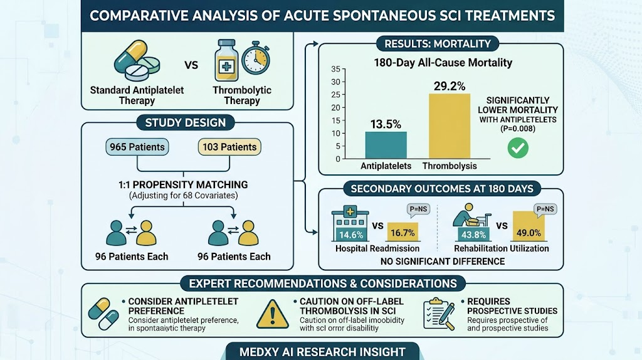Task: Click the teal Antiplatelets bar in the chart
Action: coord(386,145)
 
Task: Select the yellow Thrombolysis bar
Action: coord(450,126)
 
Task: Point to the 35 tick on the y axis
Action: coord(336,69)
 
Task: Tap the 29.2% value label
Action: coord(450,86)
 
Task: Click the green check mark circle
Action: coord(518,148)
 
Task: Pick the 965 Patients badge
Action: coord(137,147)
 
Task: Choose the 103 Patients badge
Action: coord(229,147)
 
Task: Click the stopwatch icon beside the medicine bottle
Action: coord(256,58)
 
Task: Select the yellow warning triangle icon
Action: coord(273,314)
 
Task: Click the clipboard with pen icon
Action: coord(439,314)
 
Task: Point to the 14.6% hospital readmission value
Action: coord(351,235)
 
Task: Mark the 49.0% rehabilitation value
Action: coord(529,233)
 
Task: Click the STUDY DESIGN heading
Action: coord(186,122)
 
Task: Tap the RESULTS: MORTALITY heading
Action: coord(438,44)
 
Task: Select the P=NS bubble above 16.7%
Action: coord(418,210)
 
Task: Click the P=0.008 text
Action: coord(517,129)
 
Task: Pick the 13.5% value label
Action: coord(386,124)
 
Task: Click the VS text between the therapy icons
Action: coord(191,65)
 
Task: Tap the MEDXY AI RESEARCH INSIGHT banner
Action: coord(323,352)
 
